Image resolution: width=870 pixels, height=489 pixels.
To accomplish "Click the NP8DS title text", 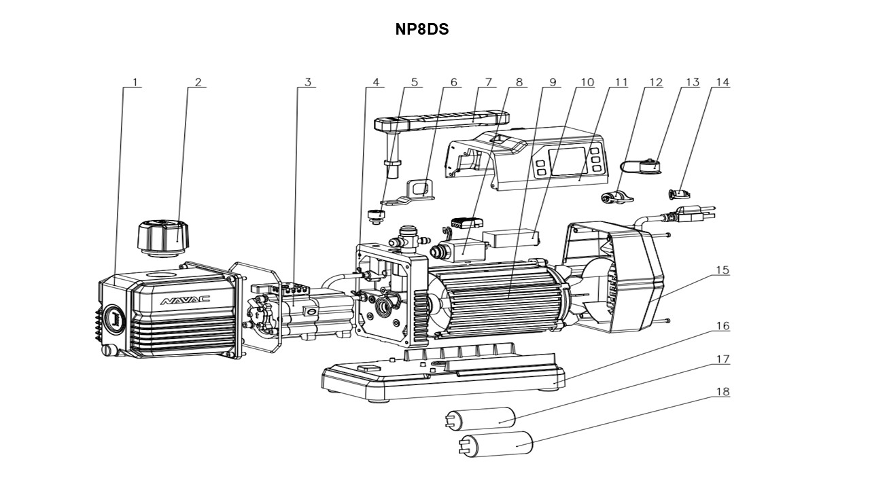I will tap(422, 30).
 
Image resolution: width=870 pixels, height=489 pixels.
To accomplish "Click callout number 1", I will tap(135, 82).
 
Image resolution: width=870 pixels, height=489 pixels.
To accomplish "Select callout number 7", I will tap(487, 82).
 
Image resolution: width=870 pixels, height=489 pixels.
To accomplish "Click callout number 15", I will tap(722, 270).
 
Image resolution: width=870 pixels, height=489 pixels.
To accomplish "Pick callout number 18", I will tap(722, 392).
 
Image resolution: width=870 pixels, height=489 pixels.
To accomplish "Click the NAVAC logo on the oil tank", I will tap(185, 300).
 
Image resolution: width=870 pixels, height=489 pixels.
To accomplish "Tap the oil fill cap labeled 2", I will tap(163, 235).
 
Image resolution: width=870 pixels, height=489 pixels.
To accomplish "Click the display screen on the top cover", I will tap(567, 160).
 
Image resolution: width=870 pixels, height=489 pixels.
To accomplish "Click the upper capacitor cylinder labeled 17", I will tap(481, 416).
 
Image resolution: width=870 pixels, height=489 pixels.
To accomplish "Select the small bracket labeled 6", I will tap(419, 189).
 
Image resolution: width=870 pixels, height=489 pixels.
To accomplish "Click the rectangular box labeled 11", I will tap(510, 238).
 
